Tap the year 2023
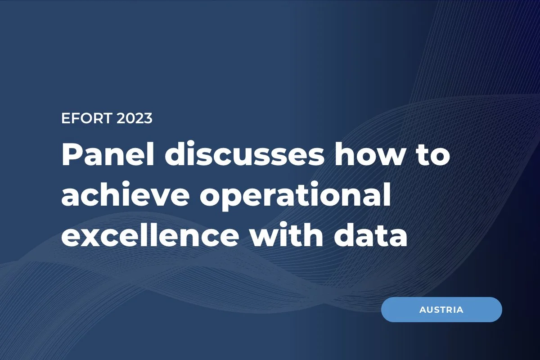click(x=134, y=118)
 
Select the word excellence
click(x=150, y=237)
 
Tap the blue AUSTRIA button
click(x=441, y=310)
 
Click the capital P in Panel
click(x=72, y=156)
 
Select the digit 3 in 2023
click(x=148, y=118)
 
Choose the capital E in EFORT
click(x=65, y=118)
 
